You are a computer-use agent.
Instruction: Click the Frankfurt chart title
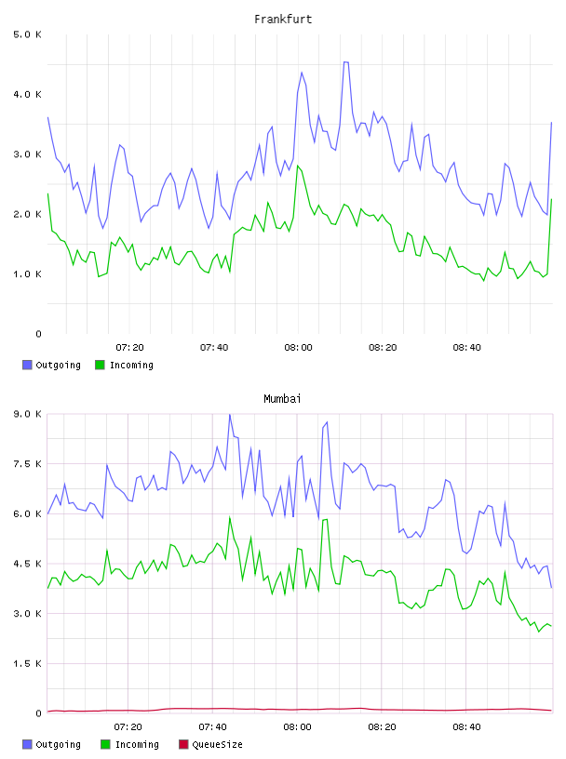tap(283, 19)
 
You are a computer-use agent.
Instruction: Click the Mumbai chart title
tap(282, 398)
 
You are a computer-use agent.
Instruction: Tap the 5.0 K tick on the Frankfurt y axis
tap(27, 34)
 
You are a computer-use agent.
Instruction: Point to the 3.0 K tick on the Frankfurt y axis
tap(27, 153)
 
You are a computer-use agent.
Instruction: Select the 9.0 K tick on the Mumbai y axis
tap(27, 414)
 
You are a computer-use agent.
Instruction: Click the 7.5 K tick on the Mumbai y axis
tap(27, 464)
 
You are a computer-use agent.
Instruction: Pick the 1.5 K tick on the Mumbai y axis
tap(27, 663)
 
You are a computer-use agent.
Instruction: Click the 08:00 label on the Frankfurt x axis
tap(298, 347)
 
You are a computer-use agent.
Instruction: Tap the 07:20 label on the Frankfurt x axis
tap(129, 347)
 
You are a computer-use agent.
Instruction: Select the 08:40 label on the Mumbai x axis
tap(466, 726)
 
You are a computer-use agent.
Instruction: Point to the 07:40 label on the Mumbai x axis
tap(212, 726)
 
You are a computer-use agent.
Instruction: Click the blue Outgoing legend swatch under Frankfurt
tap(27, 365)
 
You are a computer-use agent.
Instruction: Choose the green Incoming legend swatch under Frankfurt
tap(100, 365)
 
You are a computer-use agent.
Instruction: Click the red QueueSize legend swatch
tap(183, 744)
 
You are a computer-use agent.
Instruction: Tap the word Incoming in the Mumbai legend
tap(137, 744)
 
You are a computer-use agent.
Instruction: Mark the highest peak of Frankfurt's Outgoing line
tap(346, 62)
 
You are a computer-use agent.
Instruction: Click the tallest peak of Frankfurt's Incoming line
tap(298, 166)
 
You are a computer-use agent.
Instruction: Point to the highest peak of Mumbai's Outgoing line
tap(230, 414)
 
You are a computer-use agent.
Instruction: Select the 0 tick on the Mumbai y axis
tap(38, 713)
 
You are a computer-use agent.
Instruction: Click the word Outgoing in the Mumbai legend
tap(58, 744)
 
